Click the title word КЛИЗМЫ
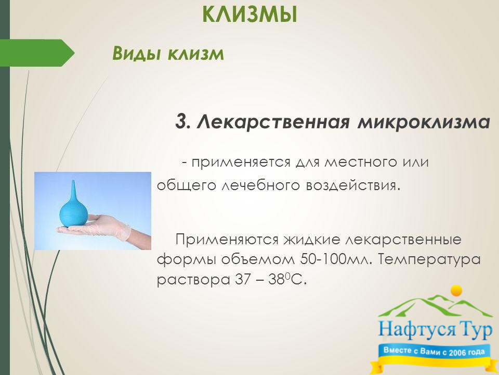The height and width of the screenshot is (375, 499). point(250,15)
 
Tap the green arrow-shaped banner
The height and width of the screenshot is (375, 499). point(37,53)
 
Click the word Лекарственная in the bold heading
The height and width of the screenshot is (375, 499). point(273,121)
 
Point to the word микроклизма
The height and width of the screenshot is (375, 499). point(424,122)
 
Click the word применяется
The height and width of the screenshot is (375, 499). point(241,163)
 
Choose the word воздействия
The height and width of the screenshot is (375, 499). point(352,185)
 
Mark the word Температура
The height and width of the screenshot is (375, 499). point(429,260)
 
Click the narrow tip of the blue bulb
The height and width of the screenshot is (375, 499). point(73,181)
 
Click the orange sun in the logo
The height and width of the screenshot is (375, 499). point(457,291)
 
